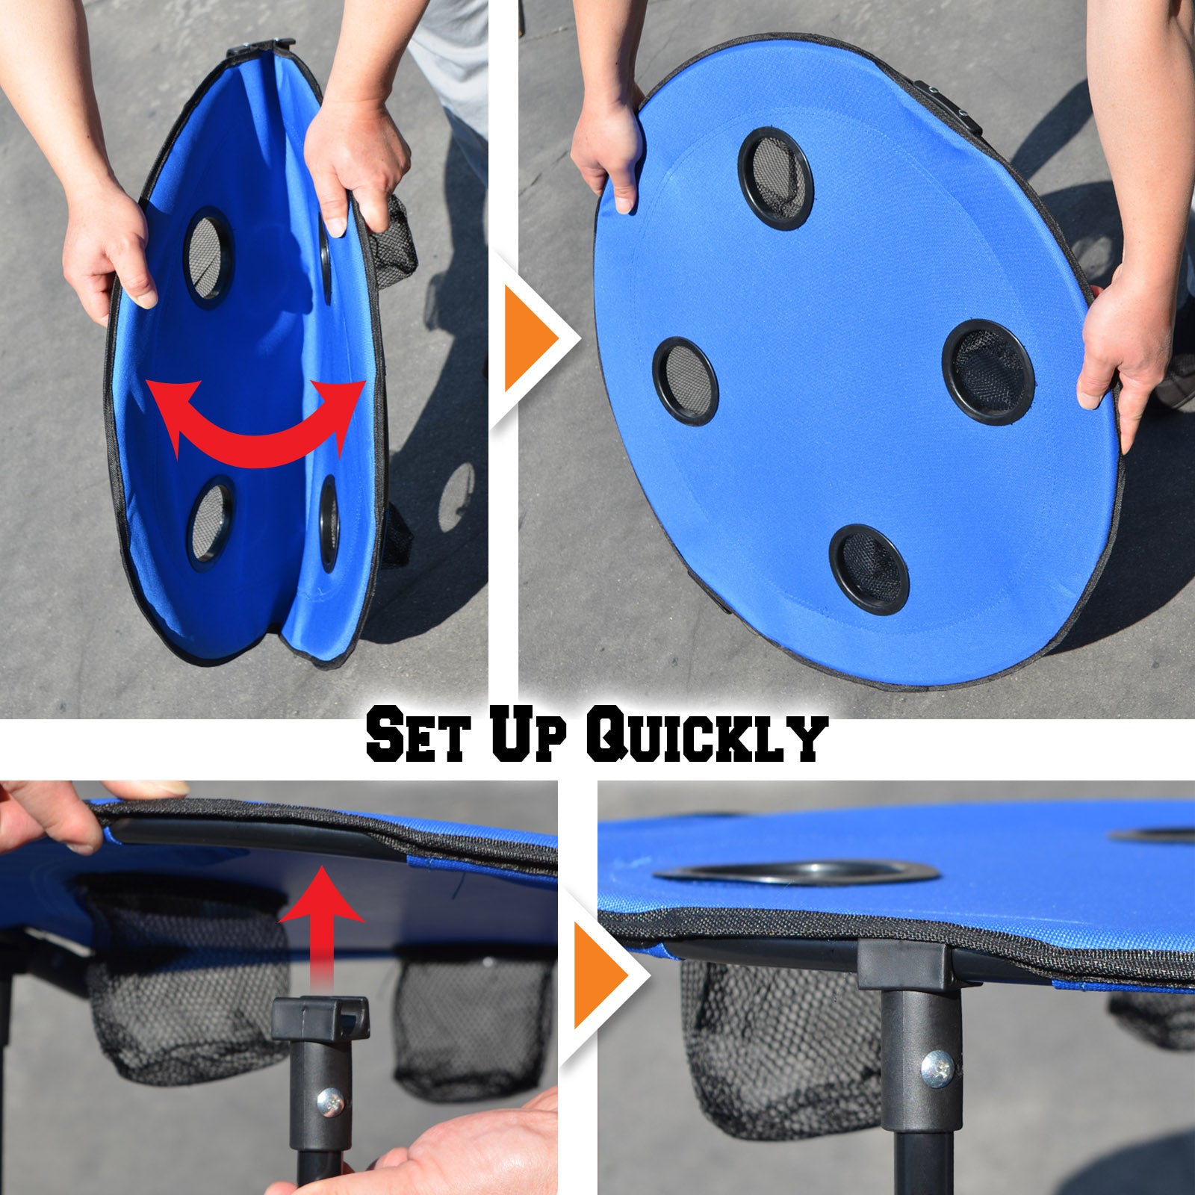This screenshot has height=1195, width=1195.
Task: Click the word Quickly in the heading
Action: click(x=707, y=738)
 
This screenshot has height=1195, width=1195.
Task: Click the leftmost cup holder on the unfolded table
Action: click(x=685, y=381)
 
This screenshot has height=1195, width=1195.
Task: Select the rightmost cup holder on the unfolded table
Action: click(x=988, y=372)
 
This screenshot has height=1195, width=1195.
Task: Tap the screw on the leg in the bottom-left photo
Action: click(x=330, y=1100)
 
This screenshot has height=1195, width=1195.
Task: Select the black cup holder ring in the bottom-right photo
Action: click(x=795, y=872)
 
